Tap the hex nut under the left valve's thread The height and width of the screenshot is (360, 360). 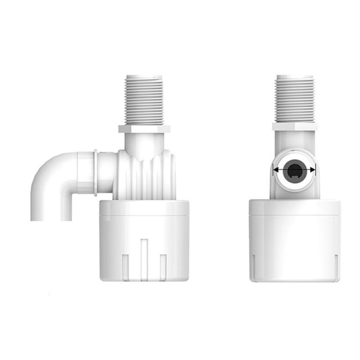[x=144, y=129]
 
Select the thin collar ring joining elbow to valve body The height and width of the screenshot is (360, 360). [x=96, y=173]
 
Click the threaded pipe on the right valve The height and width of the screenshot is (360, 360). [x=295, y=99]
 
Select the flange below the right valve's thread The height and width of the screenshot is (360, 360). [x=295, y=126]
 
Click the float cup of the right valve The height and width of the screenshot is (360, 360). [x=295, y=238]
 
